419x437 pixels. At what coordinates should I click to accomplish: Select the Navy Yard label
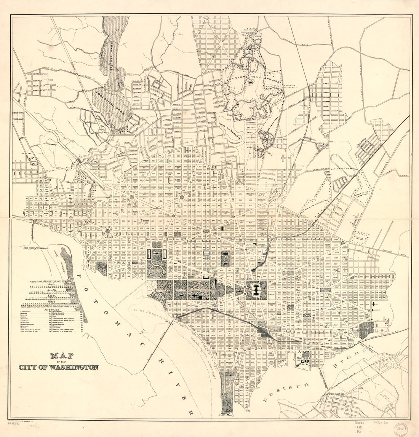(304, 353)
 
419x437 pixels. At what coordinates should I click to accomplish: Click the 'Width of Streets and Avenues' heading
(52, 282)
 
